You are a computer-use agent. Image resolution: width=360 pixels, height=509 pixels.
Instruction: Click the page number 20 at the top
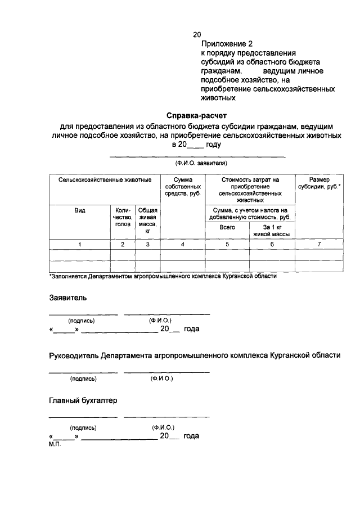(196, 35)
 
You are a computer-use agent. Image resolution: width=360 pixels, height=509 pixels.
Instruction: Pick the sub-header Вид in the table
(80, 210)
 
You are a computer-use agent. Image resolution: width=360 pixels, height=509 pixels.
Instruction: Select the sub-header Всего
(227, 227)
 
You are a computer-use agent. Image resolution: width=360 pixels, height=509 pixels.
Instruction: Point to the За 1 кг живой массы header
(272, 231)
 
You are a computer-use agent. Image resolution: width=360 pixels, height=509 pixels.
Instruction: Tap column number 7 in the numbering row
(319, 244)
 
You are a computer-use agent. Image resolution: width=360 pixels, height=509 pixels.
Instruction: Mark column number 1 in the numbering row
(80, 244)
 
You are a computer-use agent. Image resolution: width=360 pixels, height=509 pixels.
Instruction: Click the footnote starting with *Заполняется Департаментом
(163, 277)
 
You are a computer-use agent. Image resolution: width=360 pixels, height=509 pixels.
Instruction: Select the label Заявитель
(67, 298)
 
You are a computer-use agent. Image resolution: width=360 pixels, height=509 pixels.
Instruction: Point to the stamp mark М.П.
(55, 444)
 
